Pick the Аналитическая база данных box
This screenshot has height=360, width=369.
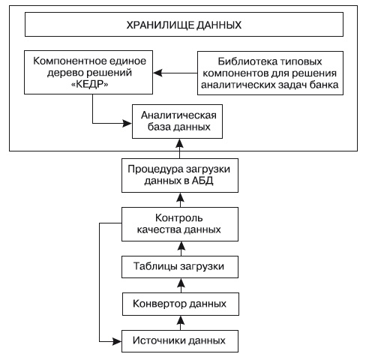coord(177,121)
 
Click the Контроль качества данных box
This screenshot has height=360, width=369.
coord(177,224)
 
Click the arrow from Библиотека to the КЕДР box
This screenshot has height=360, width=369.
coord(174,73)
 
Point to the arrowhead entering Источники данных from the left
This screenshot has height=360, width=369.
coord(117,341)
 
